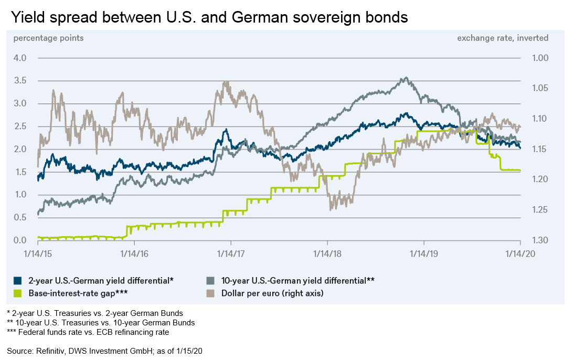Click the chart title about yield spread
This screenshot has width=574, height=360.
tap(209, 17)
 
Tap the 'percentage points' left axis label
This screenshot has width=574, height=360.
tap(48, 38)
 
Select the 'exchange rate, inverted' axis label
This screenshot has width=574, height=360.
tap(503, 38)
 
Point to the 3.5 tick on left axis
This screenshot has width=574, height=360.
tap(20, 81)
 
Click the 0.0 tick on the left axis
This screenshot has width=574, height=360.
tap(20, 241)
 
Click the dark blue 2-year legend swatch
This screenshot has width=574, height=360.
tap(17, 280)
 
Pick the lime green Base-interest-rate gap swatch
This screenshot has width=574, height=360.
tap(17, 293)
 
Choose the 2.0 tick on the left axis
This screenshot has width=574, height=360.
tap(20, 150)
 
